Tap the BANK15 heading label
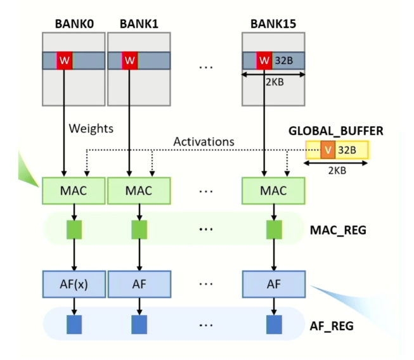[273, 24]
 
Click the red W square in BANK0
[64, 61]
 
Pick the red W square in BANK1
[129, 61]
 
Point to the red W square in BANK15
[264, 61]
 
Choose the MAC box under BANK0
[74, 190]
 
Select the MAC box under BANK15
[273, 190]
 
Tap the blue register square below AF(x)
[74, 325]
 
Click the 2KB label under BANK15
[273, 83]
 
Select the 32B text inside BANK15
[283, 61]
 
